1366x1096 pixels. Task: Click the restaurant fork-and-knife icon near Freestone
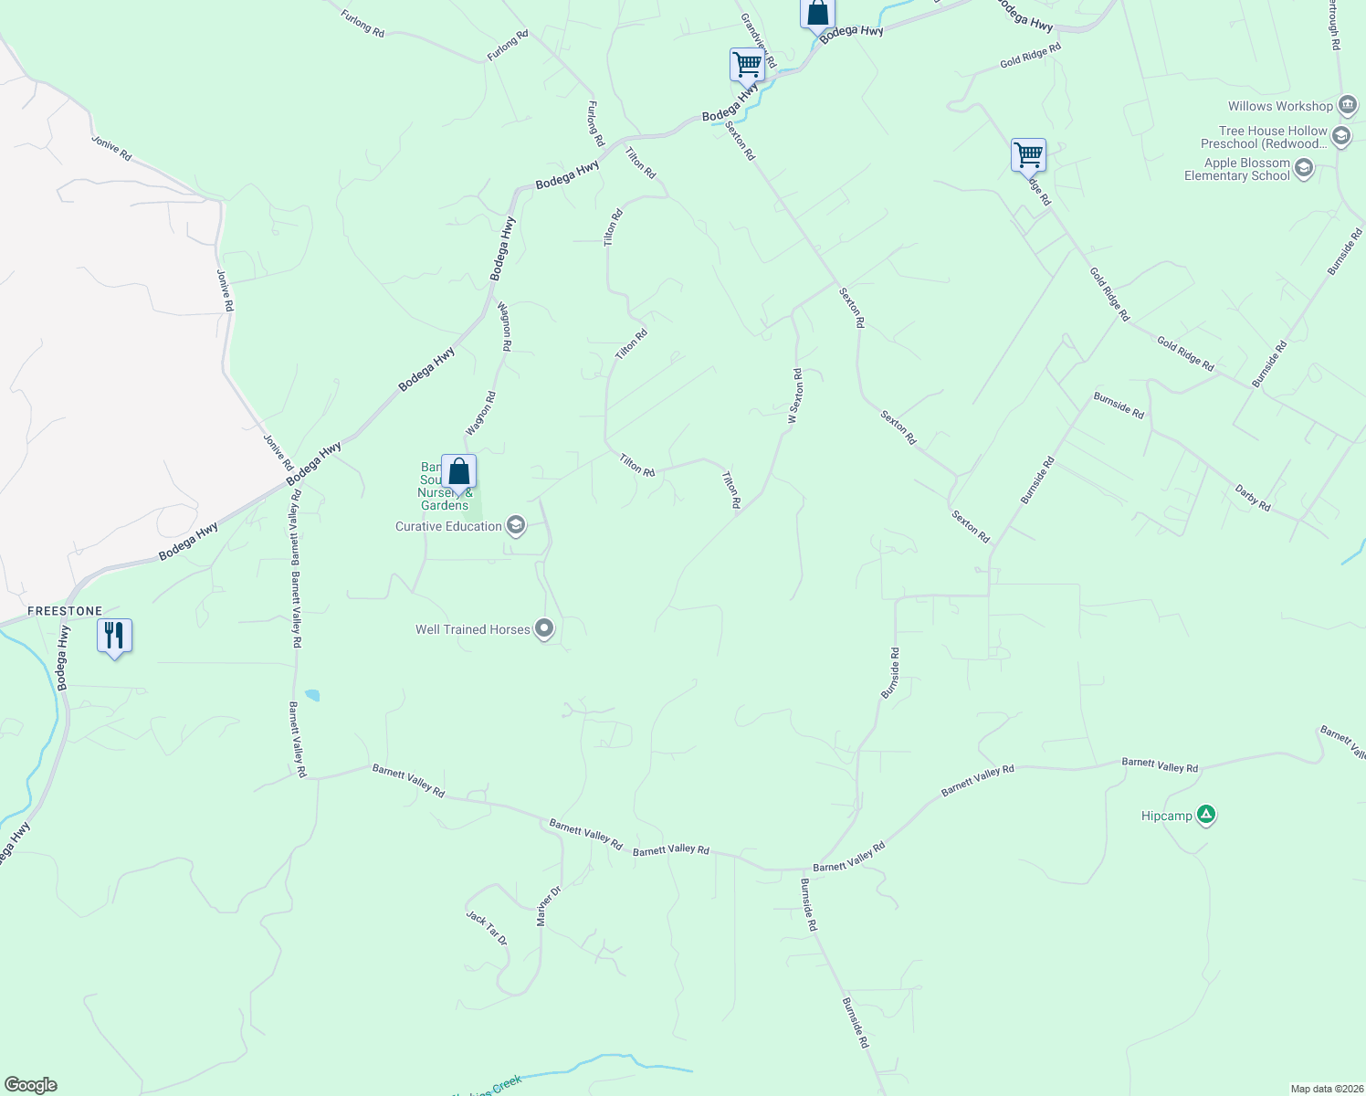click(x=114, y=636)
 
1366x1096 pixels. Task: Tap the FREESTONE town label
click(x=65, y=611)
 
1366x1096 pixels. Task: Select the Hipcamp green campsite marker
click(x=1206, y=815)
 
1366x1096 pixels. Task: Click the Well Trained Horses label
click(x=472, y=629)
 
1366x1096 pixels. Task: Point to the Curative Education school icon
click(x=516, y=525)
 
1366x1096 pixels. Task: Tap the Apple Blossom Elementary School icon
click(x=1304, y=168)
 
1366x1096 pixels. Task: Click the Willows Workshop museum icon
click(x=1347, y=105)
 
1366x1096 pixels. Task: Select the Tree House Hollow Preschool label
click(x=1265, y=137)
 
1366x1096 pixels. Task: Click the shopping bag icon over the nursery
click(x=458, y=472)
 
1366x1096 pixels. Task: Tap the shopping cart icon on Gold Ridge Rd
click(x=1028, y=155)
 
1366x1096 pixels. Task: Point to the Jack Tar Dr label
click(x=486, y=928)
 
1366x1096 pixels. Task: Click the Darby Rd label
click(x=1253, y=497)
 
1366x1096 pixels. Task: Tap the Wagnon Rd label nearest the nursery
click(x=480, y=414)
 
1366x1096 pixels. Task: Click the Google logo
click(x=30, y=1085)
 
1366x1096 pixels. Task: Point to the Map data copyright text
click(x=1326, y=1089)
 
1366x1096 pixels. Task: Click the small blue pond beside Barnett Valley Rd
click(x=312, y=695)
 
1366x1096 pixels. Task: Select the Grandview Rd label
click(x=758, y=40)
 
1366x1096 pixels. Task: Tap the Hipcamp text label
click(x=1166, y=816)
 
